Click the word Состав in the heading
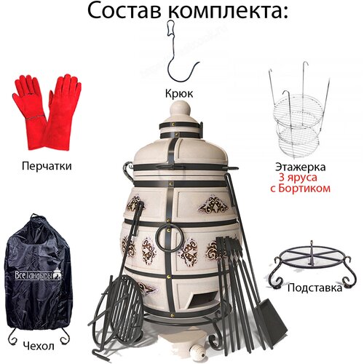(x=124, y=11)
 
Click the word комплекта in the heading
(x=226, y=11)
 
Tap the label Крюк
(x=179, y=93)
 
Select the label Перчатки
(x=47, y=166)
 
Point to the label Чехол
(x=39, y=346)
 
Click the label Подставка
(x=314, y=288)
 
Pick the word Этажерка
(x=301, y=167)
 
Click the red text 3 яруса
(x=298, y=178)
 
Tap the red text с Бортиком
(x=301, y=189)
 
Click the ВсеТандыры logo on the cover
(x=38, y=275)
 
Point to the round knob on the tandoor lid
(x=180, y=108)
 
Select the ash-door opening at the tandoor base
(x=203, y=298)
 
